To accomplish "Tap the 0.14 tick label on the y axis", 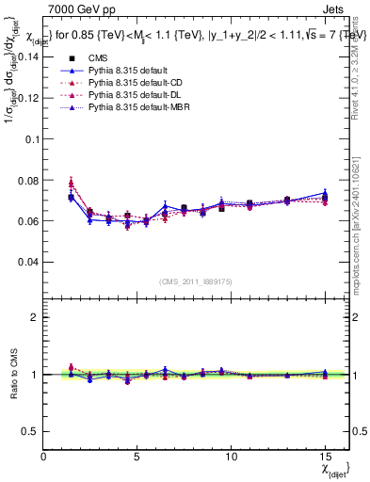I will point(27,56).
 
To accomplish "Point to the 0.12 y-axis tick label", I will point(27,97).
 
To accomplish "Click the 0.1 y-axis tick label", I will point(31,138).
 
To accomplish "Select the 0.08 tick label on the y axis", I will point(27,180).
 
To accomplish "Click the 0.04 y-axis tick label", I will point(27,261).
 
